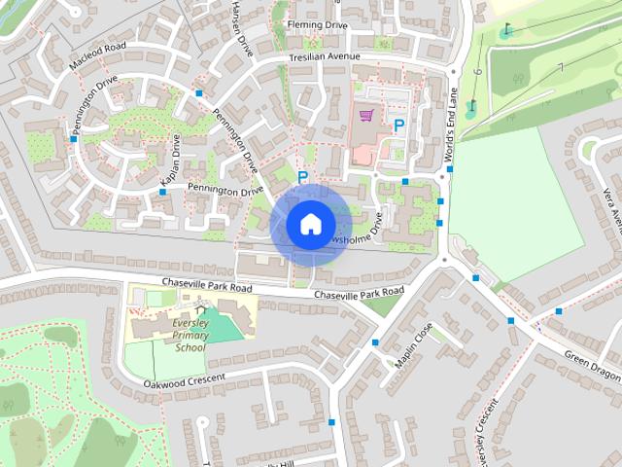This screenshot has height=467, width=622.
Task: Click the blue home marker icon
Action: click(x=310, y=224)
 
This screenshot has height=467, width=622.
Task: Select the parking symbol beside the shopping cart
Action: click(x=398, y=125)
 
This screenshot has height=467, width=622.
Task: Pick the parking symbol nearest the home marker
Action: click(x=303, y=177)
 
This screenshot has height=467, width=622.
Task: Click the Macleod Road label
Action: click(x=97, y=55)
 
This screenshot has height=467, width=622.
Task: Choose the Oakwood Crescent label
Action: click(x=184, y=378)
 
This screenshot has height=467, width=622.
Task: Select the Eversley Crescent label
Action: click(x=486, y=429)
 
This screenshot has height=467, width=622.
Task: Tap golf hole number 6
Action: click(x=477, y=71)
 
